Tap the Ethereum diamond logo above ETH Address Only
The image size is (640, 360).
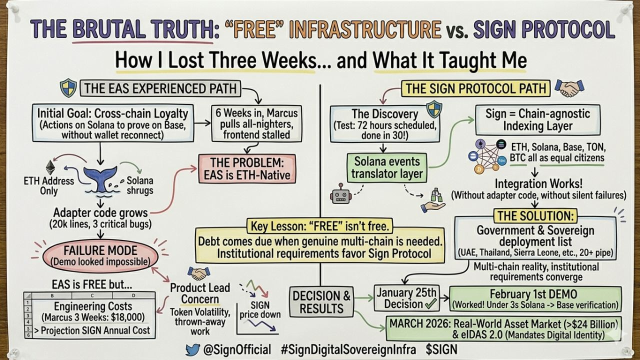(x=49, y=167)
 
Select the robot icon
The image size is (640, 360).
(x=341, y=192)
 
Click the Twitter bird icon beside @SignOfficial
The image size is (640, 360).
(x=192, y=349)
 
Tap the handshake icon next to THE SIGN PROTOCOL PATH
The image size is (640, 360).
(x=569, y=88)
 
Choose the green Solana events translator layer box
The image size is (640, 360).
(x=387, y=168)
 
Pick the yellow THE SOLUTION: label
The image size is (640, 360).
(x=535, y=216)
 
